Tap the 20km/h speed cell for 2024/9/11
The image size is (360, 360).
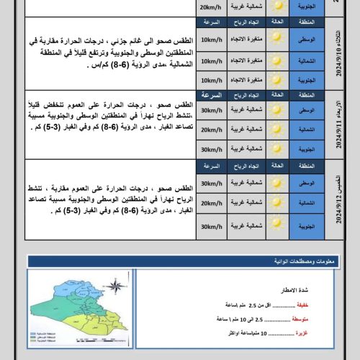coord(212,129)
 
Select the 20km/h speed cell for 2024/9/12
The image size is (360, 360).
coord(212,204)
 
